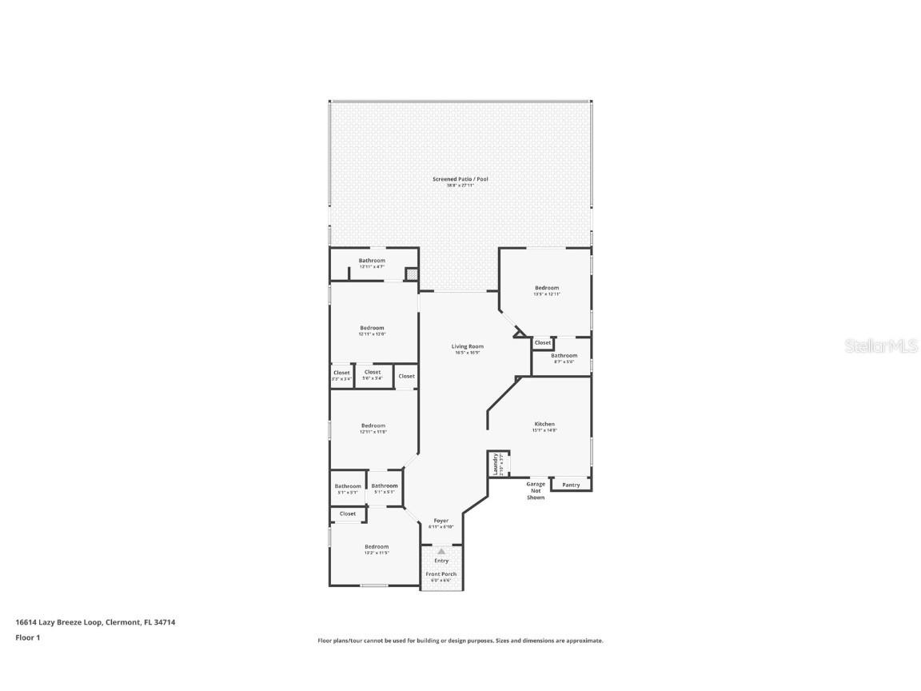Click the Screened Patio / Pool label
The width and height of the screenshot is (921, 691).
coord(460,179)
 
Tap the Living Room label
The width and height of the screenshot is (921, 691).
coord(467,346)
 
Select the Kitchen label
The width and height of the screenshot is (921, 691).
coord(544,424)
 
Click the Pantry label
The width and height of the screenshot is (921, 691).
coord(571,485)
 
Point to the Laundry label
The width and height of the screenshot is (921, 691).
coord(496,463)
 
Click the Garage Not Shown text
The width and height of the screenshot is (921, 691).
coord(536,490)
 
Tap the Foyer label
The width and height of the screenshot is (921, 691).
coord(441,521)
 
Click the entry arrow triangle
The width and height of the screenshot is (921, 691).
coord(441,550)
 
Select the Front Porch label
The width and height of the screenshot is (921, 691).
coord(441,574)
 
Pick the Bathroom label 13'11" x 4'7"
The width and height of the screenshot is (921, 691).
coord(372,261)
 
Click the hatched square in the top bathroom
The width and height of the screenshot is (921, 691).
coord(412,274)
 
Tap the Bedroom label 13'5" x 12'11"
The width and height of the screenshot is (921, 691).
coord(547,288)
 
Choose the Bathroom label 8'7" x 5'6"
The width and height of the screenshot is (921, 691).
coord(564,356)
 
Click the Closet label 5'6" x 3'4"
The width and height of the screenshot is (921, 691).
coord(373,373)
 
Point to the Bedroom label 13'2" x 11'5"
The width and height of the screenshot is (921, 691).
coord(377,547)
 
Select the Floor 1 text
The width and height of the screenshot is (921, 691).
coord(27,637)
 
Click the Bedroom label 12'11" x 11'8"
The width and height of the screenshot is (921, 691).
coord(373,425)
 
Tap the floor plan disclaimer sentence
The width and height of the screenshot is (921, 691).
coord(460,641)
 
